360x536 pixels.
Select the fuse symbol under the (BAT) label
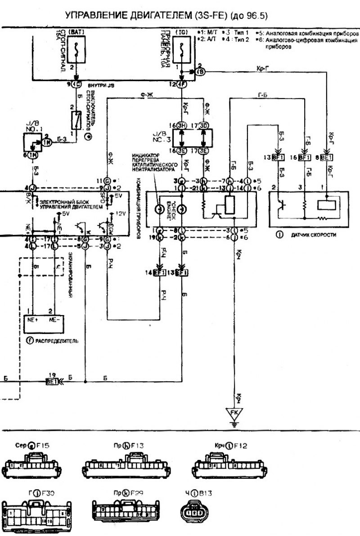pos(78,50)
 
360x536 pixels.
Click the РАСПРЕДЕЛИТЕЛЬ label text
pos(54,341)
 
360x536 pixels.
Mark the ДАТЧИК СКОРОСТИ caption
pos(310,235)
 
